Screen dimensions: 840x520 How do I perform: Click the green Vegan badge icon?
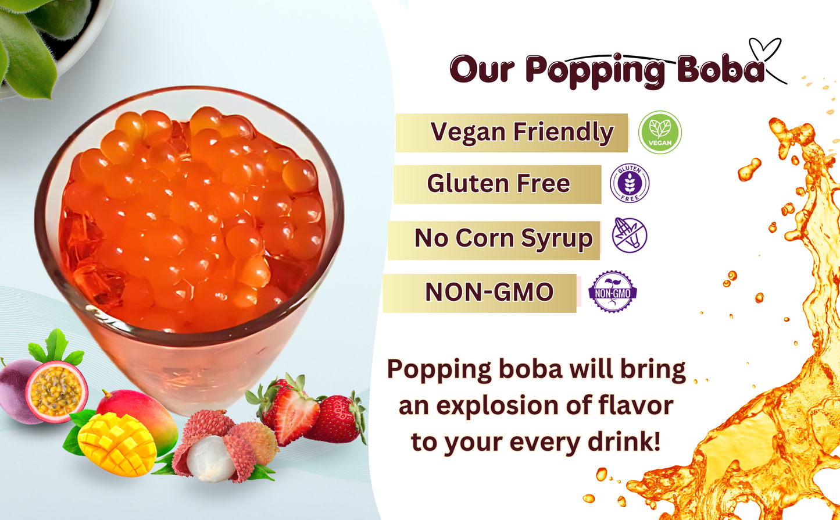[x=660, y=132]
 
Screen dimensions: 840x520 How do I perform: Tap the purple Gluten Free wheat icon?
[x=630, y=183]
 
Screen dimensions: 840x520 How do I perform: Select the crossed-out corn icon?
[x=630, y=235]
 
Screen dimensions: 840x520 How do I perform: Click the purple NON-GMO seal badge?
[x=613, y=291]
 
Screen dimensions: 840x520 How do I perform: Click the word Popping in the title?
[x=595, y=72]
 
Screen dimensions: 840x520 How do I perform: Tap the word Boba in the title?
[x=721, y=69]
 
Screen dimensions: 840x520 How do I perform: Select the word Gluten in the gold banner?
[x=467, y=183]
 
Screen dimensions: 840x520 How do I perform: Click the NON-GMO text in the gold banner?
[x=489, y=292]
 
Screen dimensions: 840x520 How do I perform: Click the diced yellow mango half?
[x=117, y=445]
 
